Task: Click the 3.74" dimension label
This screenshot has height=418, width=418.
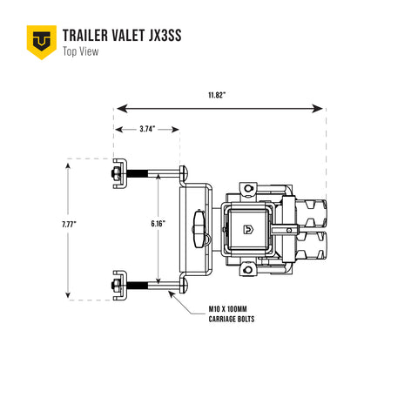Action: pos(147,129)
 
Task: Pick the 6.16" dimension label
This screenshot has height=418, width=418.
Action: pos(158,224)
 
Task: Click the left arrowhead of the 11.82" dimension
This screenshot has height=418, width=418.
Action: pos(121,109)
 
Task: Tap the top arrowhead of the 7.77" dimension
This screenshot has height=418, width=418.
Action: pos(69,165)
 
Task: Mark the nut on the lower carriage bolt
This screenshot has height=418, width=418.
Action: pos(116,285)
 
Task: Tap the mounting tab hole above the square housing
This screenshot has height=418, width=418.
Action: pos(247,188)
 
